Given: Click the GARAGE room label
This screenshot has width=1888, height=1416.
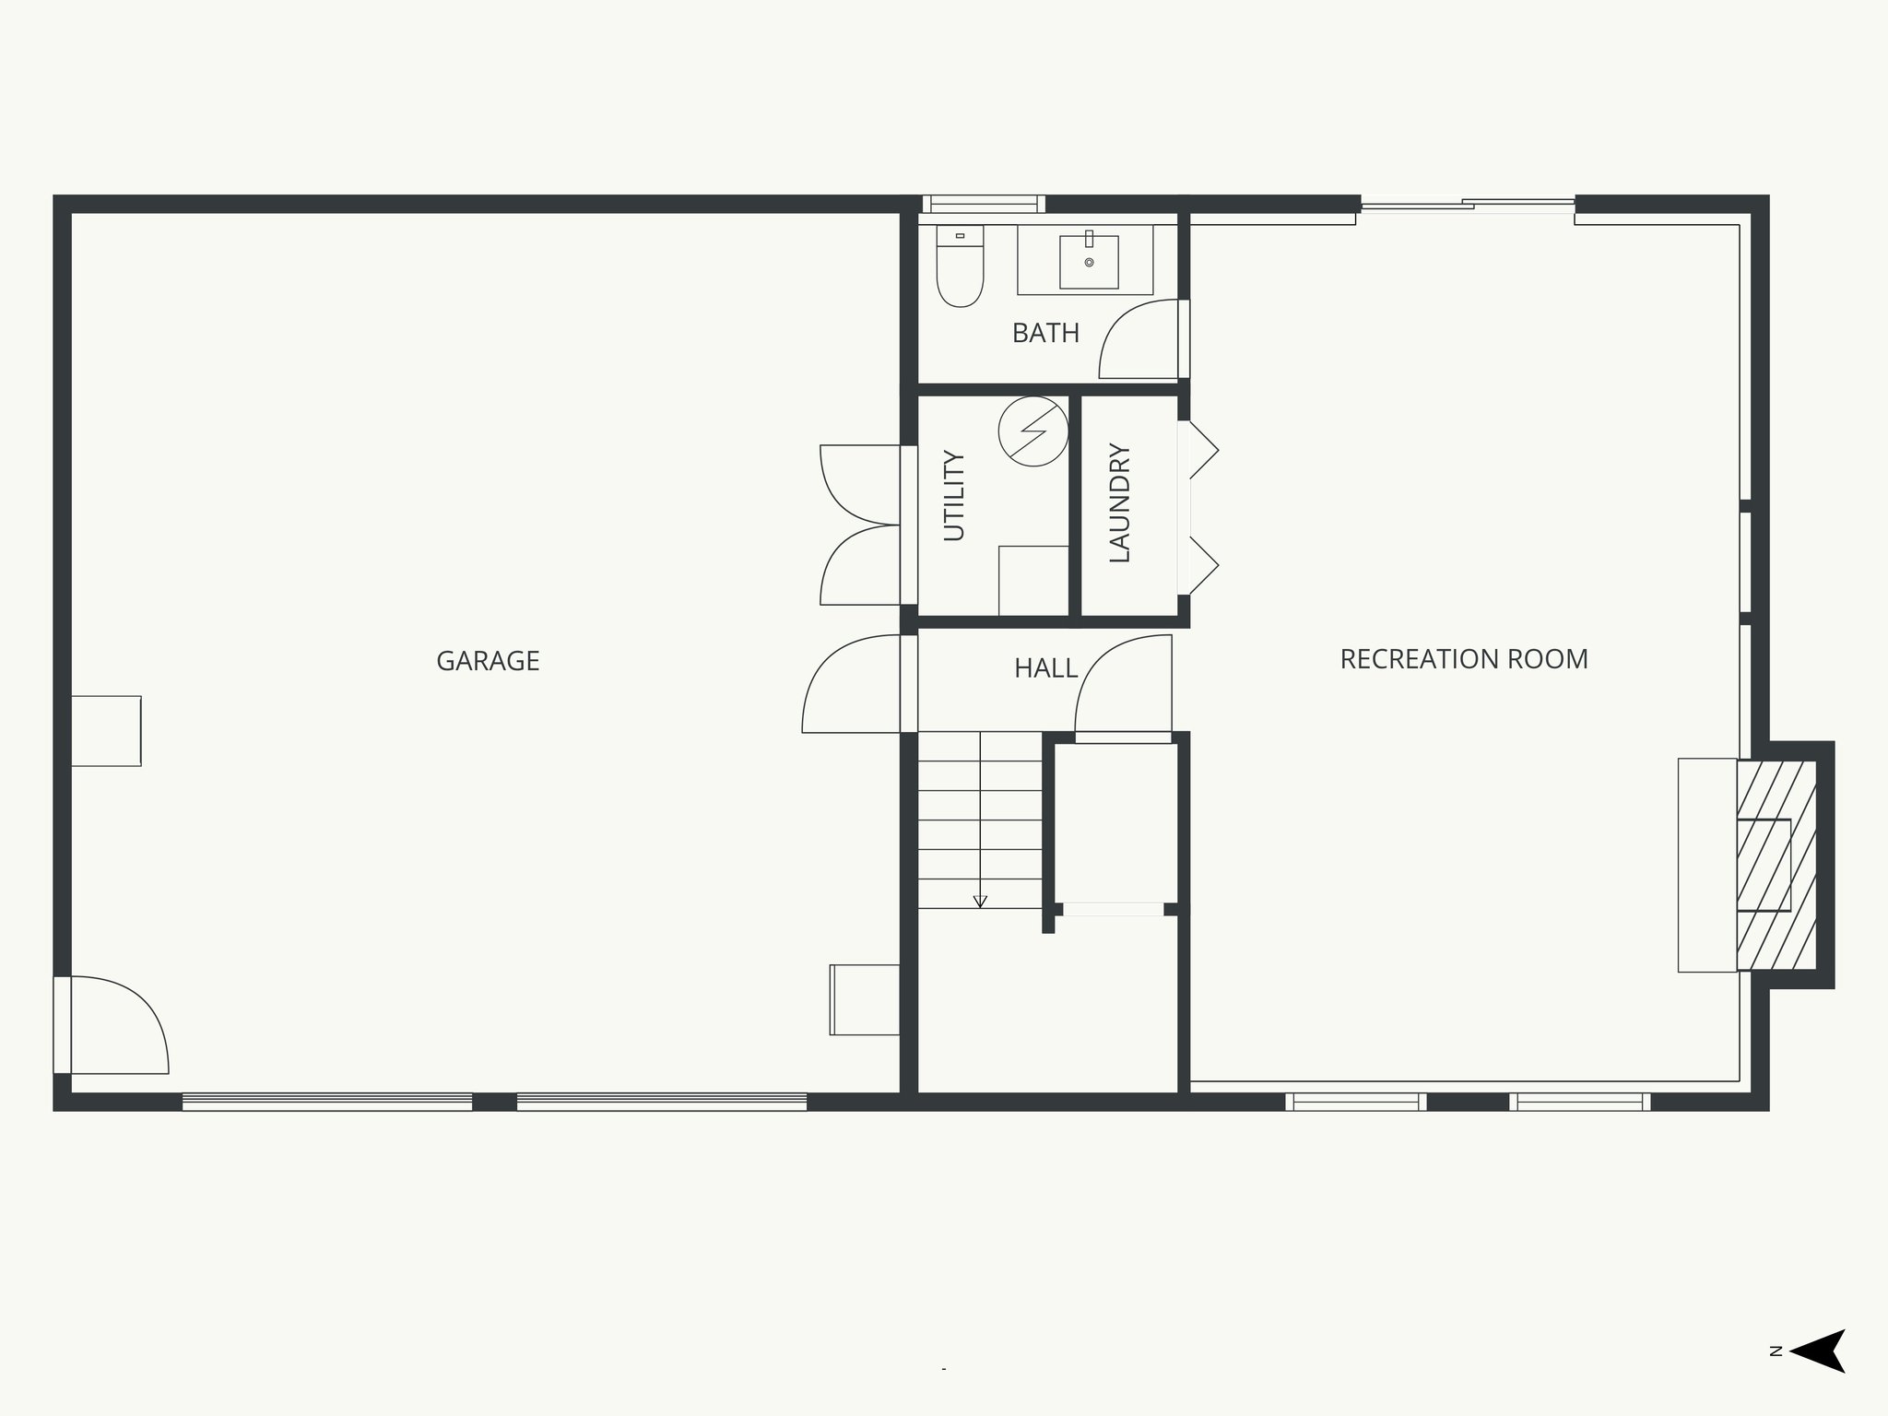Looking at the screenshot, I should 488,661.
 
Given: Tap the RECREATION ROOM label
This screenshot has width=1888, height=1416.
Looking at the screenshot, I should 1463,659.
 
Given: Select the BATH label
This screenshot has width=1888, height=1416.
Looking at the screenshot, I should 1045,333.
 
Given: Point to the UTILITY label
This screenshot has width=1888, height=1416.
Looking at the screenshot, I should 953,495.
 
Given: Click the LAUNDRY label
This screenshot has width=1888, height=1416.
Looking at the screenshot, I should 1119,502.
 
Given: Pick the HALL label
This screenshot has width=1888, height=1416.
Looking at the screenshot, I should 1045,668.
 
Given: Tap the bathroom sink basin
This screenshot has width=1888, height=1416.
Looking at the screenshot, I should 1089,262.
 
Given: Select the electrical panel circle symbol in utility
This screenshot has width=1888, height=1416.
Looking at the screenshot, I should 1033,431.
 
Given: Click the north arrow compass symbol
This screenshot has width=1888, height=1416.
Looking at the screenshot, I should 1817,1376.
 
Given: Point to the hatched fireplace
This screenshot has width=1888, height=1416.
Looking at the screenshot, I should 1776,865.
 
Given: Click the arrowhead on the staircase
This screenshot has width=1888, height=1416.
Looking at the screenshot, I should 980,901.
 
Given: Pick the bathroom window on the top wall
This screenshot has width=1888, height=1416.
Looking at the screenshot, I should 984,204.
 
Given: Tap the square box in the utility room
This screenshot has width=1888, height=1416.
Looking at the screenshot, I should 1033,580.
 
